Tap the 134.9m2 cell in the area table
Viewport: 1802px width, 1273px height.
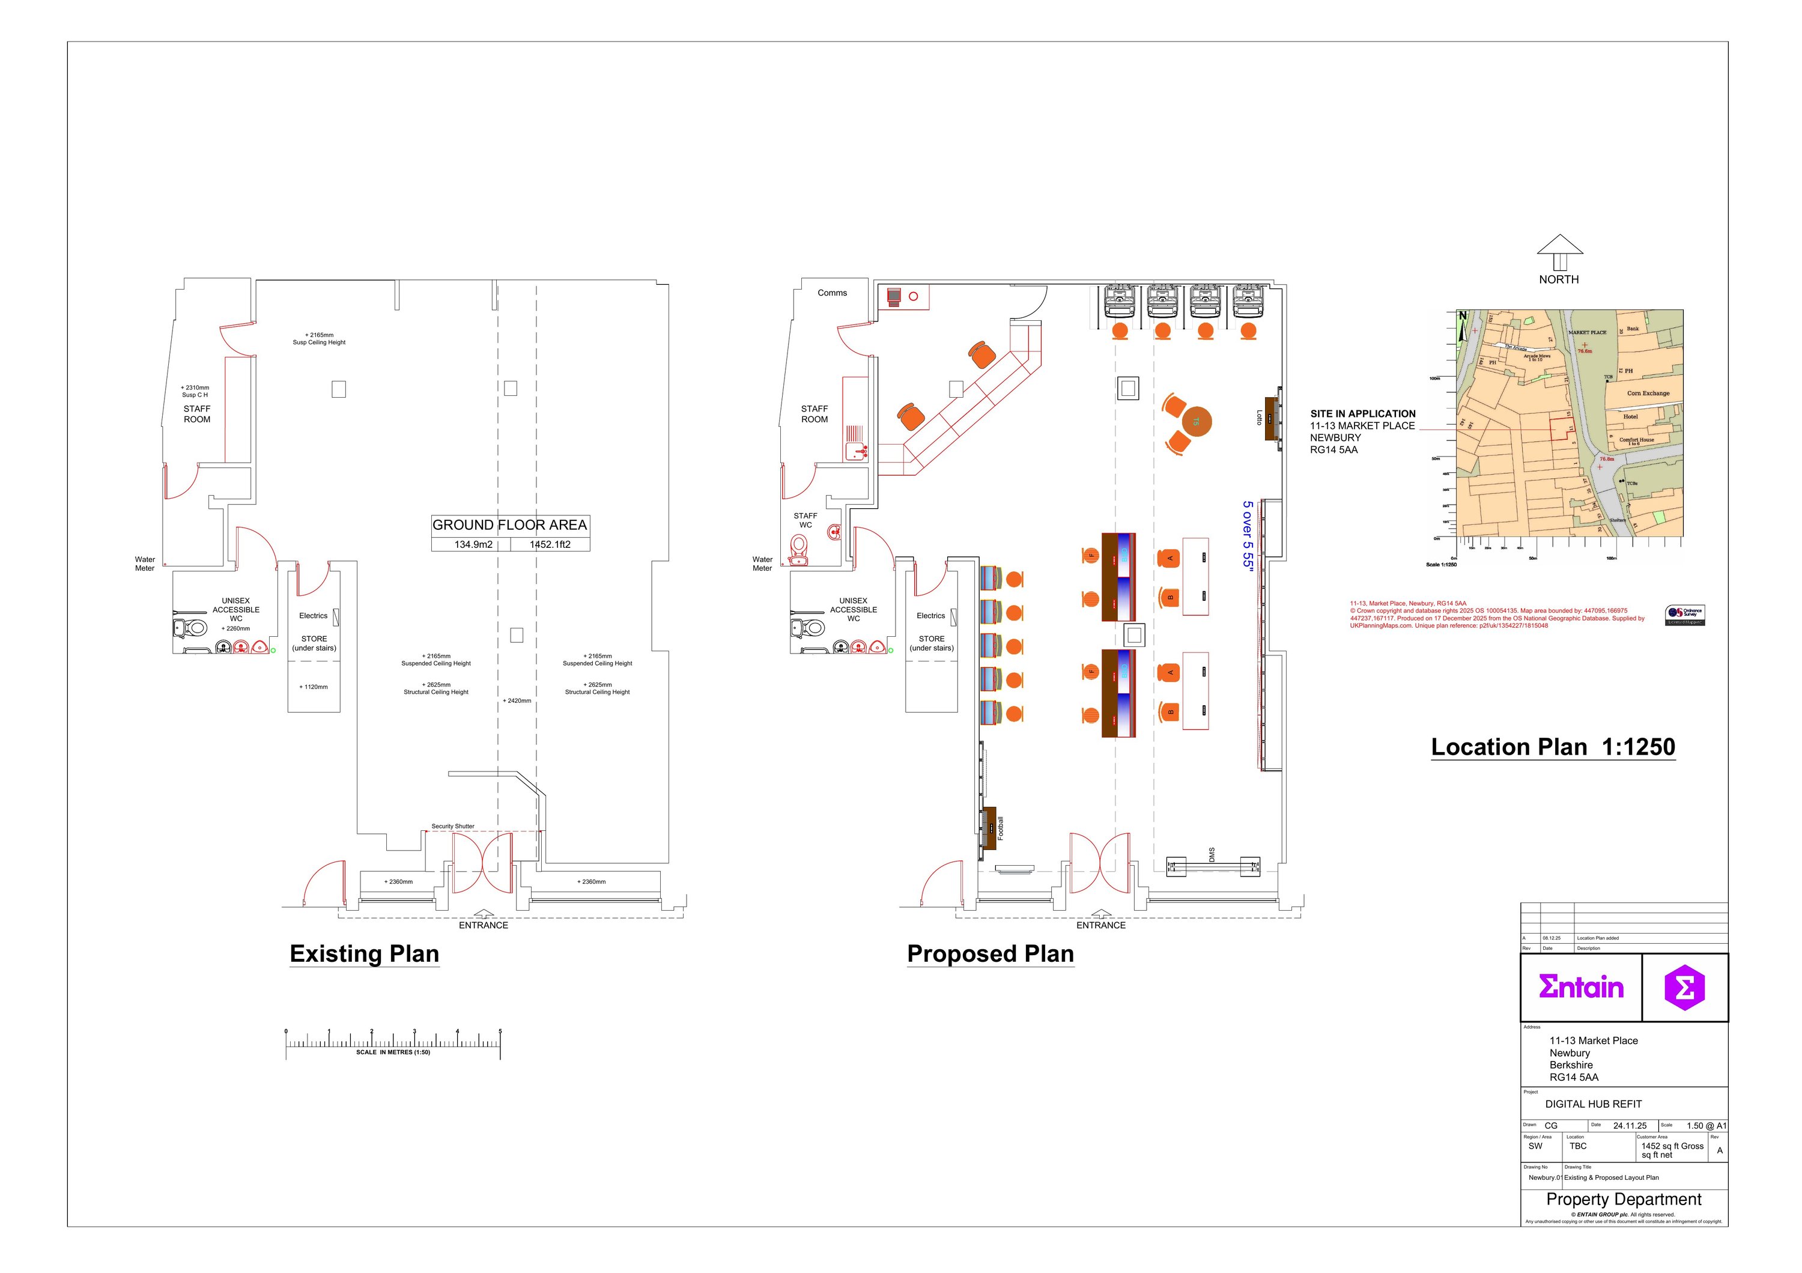click(473, 544)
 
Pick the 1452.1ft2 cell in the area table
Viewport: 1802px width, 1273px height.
click(550, 544)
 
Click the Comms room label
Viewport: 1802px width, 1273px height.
click(832, 293)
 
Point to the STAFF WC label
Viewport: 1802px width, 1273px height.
click(805, 520)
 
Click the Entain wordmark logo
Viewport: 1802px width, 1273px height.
click(1581, 987)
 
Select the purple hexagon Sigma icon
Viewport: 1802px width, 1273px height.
click(1684, 987)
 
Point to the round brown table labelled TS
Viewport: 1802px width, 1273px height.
click(1196, 422)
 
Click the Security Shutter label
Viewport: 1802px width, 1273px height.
click(453, 827)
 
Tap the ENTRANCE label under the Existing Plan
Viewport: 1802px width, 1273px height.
click(484, 925)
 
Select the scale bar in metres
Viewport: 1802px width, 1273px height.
click(392, 1044)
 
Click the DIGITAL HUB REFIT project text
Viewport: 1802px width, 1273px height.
click(1593, 1104)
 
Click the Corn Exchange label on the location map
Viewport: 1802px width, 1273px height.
click(1648, 393)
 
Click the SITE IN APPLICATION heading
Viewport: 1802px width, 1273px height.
click(1362, 413)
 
